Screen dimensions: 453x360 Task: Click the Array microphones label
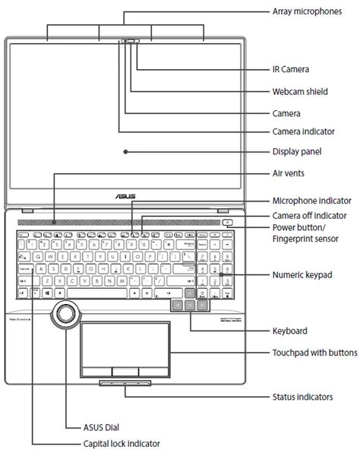tap(306, 12)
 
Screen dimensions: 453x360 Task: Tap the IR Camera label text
tap(290, 69)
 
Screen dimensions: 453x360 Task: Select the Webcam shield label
tap(300, 91)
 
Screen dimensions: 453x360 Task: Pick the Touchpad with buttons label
tap(314, 353)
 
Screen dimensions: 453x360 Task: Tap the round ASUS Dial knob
tap(65, 312)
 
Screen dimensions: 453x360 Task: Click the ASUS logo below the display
tap(125, 195)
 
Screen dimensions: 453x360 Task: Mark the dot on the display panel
tap(125, 151)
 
